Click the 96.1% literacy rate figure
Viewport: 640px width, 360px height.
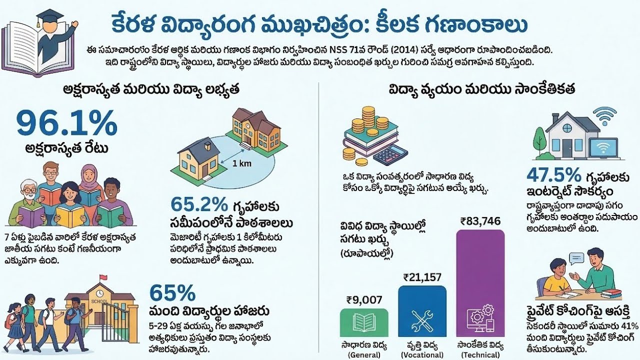(67, 123)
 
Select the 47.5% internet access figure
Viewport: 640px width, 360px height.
(554, 175)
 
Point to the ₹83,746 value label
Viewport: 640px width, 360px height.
(480, 221)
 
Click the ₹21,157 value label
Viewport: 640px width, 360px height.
(422, 277)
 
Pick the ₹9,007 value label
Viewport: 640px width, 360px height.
(364, 300)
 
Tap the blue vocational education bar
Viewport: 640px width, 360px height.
(422, 310)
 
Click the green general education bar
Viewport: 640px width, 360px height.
(364, 322)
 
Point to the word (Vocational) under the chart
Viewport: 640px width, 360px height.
(422, 354)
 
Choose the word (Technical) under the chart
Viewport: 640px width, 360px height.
(480, 354)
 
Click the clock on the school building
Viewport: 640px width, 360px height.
(100, 292)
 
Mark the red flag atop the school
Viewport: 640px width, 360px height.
(103, 277)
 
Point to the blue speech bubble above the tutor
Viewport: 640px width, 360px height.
(576, 258)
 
